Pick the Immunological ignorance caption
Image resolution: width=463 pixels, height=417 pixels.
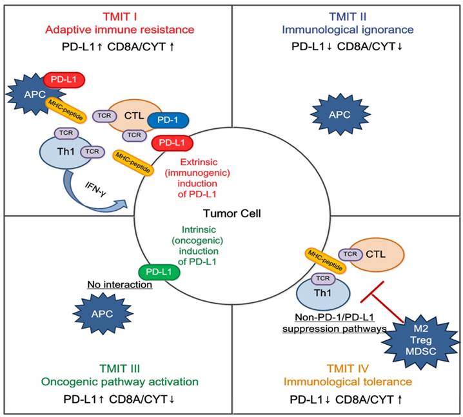tap(348, 29)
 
